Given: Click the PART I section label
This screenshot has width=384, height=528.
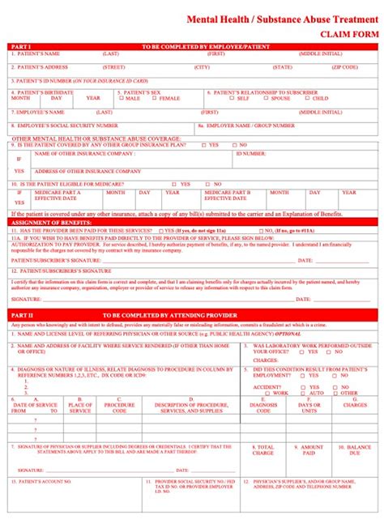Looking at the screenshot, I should [21, 46].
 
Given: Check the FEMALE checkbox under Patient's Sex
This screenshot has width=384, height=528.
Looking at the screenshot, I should [156, 98].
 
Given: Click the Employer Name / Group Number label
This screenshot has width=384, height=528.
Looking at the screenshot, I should [250, 126].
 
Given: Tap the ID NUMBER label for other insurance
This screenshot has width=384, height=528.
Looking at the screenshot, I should [250, 152].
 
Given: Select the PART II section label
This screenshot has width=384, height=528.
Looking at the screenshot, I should [22, 313].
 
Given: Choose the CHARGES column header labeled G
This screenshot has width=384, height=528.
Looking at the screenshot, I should [349, 404].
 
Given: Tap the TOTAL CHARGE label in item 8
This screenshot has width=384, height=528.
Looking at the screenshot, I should [263, 450].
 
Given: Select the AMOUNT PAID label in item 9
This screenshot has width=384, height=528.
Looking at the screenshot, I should [312, 450].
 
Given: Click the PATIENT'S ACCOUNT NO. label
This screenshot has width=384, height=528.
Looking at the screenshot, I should [45, 481].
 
